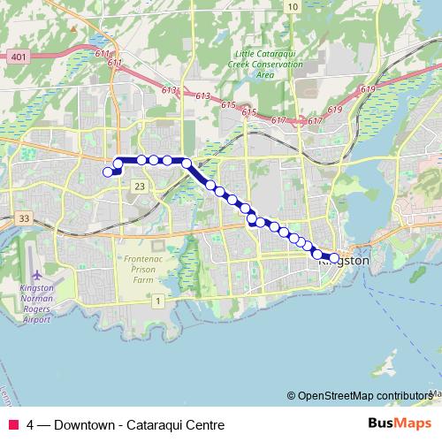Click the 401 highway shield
click(x=18, y=57)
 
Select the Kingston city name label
click(x=343, y=262)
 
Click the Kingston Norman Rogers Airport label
click(x=36, y=303)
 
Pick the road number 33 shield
click(x=24, y=218)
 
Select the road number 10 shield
click(x=292, y=6)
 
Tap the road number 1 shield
click(x=157, y=301)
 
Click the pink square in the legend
click(x=13, y=425)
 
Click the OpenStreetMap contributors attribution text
click(x=362, y=396)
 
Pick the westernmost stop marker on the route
click(x=108, y=171)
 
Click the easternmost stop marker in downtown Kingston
click(x=334, y=258)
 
